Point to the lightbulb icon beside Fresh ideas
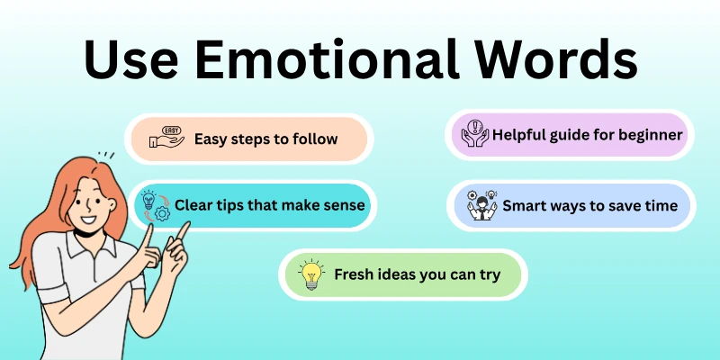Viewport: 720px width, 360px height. click(311, 274)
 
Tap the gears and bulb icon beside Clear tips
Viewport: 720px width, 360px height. click(155, 205)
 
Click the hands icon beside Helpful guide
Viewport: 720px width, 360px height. click(474, 137)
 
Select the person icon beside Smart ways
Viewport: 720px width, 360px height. click(481, 205)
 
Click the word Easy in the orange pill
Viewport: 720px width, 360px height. click(211, 139)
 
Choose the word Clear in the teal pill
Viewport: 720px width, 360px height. click(194, 205)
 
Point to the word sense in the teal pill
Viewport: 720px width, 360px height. click(345, 205)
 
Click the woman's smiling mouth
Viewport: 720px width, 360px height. click(88, 219)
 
